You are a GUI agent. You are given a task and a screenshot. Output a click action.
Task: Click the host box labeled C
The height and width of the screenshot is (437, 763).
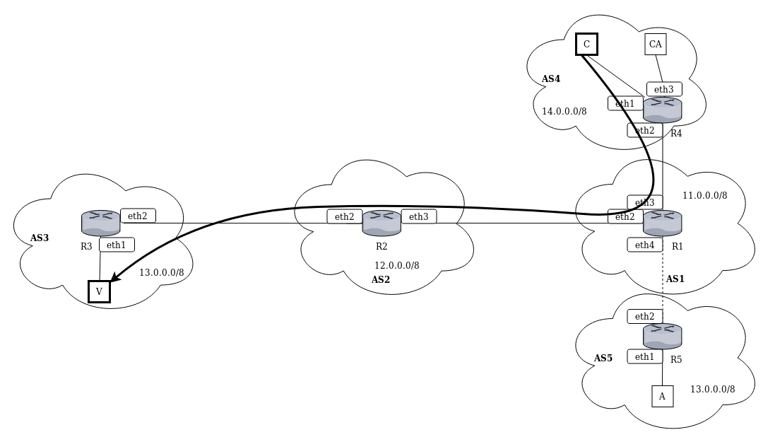click(x=586, y=45)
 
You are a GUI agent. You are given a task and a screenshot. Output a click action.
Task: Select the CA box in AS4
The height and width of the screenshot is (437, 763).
click(x=656, y=45)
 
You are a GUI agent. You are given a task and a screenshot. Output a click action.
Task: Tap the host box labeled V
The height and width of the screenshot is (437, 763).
click(x=99, y=291)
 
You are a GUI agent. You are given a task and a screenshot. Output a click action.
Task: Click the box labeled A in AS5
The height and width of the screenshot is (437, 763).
click(x=662, y=396)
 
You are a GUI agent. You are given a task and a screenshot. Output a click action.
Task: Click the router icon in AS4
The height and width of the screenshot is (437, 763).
click(x=663, y=110)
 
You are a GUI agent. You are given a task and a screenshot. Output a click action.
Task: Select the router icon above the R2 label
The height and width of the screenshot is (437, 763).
click(x=381, y=222)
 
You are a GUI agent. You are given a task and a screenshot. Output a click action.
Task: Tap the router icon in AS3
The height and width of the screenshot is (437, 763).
click(x=101, y=222)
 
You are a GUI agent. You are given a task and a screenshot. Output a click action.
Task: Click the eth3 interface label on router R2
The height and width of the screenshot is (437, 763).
click(x=419, y=216)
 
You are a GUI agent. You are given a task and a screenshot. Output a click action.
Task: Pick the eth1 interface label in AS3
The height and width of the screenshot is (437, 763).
click(x=117, y=245)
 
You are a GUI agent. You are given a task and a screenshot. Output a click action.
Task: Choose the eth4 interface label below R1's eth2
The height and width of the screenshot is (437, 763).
click(x=644, y=245)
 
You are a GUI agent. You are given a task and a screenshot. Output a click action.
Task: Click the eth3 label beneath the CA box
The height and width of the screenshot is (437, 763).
click(x=664, y=89)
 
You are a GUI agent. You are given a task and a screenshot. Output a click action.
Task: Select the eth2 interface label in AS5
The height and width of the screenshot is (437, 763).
click(x=644, y=316)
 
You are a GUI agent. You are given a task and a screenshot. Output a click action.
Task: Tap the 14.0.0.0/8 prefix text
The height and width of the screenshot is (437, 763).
click(x=564, y=111)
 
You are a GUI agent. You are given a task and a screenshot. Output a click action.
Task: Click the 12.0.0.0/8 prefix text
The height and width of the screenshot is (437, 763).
click(x=397, y=265)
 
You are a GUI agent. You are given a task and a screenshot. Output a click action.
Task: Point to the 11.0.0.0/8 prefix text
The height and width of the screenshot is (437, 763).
click(x=704, y=195)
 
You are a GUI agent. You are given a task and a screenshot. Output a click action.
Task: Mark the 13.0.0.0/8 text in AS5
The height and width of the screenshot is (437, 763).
click(x=712, y=389)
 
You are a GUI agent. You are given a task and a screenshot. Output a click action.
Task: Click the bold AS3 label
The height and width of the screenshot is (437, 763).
click(x=40, y=238)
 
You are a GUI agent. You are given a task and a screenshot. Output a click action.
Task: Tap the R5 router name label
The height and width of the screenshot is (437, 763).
click(x=676, y=359)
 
